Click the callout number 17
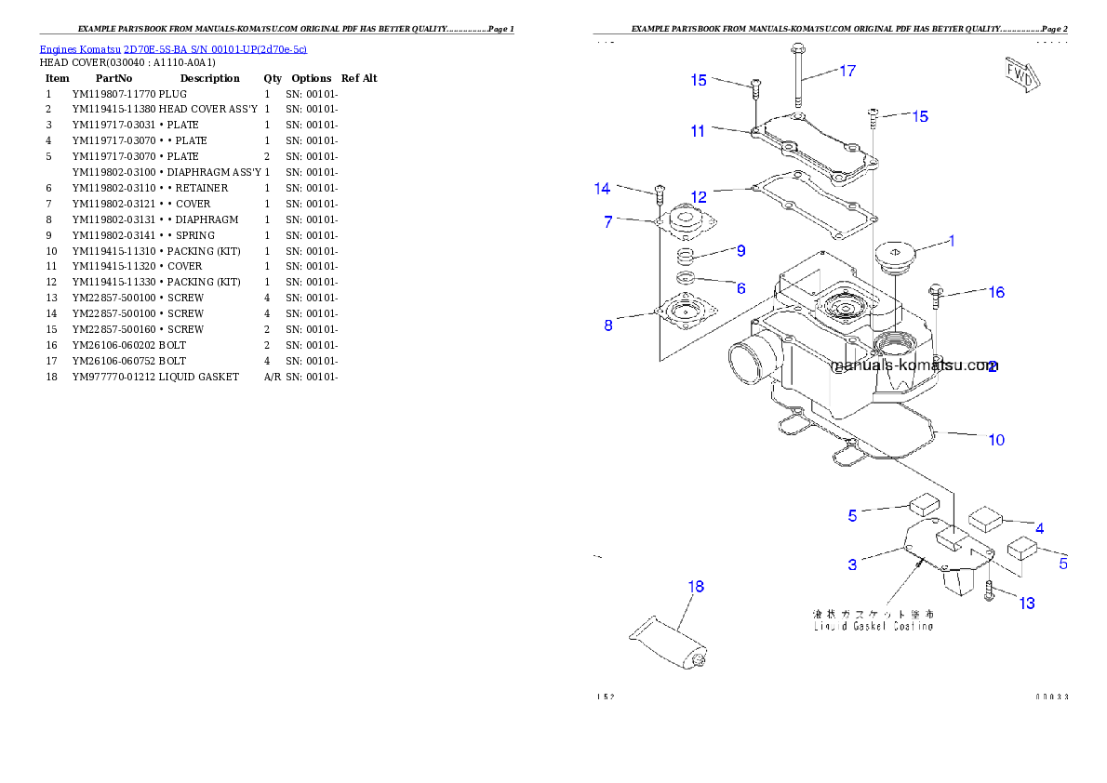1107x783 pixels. point(847,71)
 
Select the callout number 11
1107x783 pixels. point(698,131)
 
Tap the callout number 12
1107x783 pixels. point(699,197)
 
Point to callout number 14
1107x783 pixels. point(603,189)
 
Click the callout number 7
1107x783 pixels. point(608,222)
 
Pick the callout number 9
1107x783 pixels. point(740,250)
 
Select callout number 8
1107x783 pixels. point(608,325)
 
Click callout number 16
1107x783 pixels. point(995,292)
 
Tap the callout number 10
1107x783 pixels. point(996,440)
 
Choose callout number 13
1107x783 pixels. point(1026,604)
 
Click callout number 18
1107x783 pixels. point(696,587)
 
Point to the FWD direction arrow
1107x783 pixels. point(1020,74)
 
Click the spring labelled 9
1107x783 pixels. point(686,256)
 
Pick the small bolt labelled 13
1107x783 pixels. point(989,590)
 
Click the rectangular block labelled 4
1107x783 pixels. point(983,518)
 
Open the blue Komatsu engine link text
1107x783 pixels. point(173,48)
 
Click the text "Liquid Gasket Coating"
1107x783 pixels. point(874,627)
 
